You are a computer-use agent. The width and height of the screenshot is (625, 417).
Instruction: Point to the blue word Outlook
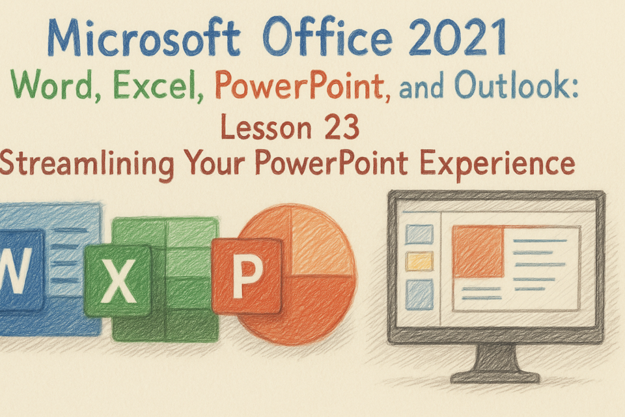pos(516,85)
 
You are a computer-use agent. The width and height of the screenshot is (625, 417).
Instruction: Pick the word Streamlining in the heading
pos(87,164)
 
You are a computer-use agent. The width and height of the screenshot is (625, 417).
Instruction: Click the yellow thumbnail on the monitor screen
pos(419,261)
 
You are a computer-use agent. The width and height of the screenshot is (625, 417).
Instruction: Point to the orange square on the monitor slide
pos(479,251)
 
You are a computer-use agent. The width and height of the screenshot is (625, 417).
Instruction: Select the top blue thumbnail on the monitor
pos(419,235)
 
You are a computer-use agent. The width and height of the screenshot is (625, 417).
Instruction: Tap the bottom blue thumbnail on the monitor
pos(419,295)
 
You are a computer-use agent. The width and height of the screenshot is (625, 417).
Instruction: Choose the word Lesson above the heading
pos(266,128)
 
